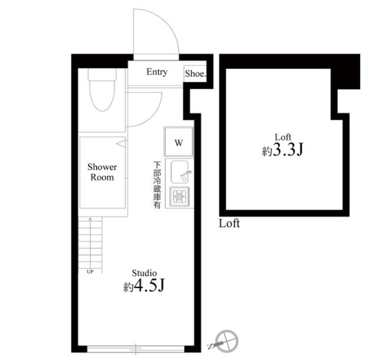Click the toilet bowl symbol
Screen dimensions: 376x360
102,95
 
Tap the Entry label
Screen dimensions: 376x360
157,72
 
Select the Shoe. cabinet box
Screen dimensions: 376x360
195,74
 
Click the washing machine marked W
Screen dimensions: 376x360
179,142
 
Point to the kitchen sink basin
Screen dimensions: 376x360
180,172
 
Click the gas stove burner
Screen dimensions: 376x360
179,197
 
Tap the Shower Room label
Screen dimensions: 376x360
102,172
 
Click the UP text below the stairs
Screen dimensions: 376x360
90,272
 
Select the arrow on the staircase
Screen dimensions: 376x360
90,243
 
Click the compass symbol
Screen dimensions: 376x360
226,341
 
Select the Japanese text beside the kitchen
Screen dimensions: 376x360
157,185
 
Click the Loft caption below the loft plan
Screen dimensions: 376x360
229,223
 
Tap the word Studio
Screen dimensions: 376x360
144,273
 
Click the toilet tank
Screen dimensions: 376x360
103,74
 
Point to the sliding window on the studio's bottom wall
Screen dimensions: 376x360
136,349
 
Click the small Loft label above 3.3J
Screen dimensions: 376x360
283,137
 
